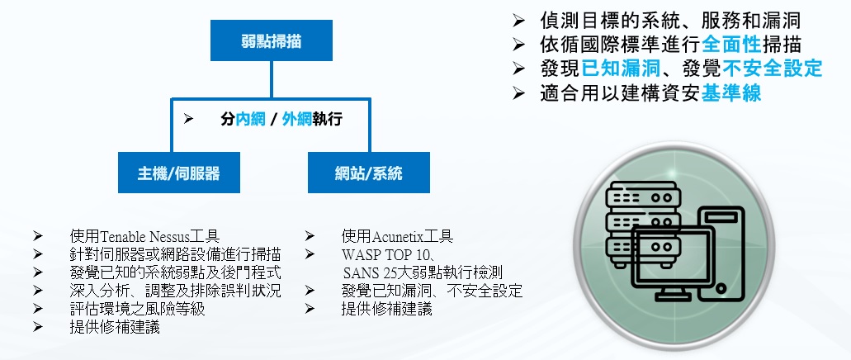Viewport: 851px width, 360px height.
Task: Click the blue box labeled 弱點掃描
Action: [272, 40]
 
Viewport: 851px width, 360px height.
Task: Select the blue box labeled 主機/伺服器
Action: [178, 173]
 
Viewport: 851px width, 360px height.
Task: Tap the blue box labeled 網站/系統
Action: [368, 173]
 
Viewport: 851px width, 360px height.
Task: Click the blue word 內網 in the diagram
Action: [251, 120]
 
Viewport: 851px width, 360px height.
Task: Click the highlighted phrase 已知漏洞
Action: [622, 69]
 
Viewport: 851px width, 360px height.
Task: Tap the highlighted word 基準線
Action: [731, 92]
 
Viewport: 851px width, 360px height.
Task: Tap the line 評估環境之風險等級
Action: [137, 309]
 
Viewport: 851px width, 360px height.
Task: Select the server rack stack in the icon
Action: [641, 224]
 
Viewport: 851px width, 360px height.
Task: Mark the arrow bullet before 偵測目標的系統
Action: [518, 21]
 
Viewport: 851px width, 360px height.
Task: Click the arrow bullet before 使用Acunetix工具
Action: [310, 236]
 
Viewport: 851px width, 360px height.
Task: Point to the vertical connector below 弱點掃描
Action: [272, 80]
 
